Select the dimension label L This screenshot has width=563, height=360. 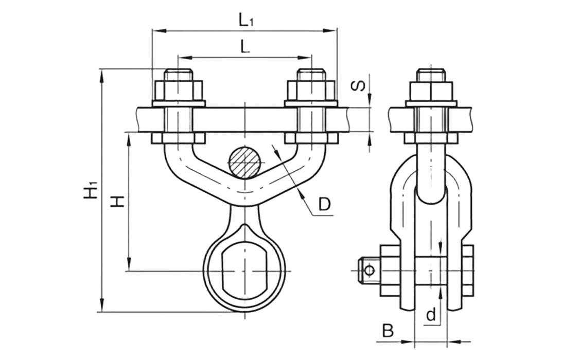(x=244, y=47)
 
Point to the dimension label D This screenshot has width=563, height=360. (x=323, y=205)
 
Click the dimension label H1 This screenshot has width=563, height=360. (x=90, y=191)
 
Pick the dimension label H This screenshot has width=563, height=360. (x=117, y=202)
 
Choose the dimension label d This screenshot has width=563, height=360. (x=432, y=313)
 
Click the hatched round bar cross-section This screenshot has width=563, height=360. (x=245, y=163)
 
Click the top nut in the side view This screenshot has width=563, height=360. (x=431, y=88)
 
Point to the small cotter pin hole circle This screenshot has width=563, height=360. (x=368, y=270)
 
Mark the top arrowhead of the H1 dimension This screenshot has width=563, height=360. (x=103, y=74)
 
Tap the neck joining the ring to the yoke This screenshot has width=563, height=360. (x=245, y=216)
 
